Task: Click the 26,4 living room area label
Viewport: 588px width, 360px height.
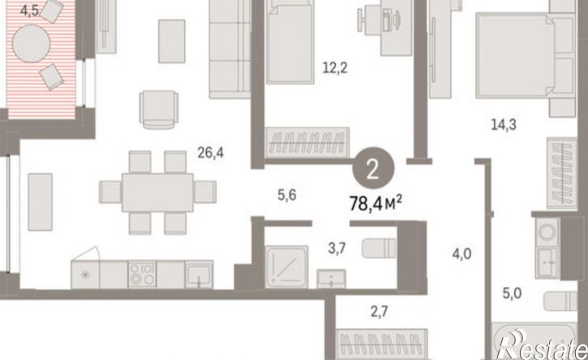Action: click(210, 152)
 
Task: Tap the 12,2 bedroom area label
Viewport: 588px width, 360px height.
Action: click(335, 68)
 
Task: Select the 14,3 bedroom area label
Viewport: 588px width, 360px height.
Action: click(504, 124)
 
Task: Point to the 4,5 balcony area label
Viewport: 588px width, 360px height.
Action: click(29, 11)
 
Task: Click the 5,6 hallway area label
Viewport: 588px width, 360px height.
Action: click(287, 195)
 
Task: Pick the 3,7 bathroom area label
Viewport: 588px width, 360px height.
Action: click(337, 248)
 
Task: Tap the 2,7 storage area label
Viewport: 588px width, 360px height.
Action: click(379, 311)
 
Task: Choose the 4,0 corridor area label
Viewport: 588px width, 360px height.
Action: click(461, 254)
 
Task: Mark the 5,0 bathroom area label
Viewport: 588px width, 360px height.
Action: click(512, 293)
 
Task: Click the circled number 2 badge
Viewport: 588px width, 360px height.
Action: click(373, 169)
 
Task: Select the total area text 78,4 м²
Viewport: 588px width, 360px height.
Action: click(376, 204)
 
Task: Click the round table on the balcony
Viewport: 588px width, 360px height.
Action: click(31, 44)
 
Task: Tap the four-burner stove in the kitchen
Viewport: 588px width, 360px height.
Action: click(142, 274)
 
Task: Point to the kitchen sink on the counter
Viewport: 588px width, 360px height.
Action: click(199, 275)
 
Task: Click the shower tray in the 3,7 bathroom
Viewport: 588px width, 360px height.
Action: click(286, 267)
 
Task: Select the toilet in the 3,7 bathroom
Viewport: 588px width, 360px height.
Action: click(379, 248)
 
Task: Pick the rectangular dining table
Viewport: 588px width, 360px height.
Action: click(158, 192)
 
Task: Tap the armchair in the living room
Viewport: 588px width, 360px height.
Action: click(159, 109)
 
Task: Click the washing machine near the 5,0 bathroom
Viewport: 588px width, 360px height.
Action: click(548, 232)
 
